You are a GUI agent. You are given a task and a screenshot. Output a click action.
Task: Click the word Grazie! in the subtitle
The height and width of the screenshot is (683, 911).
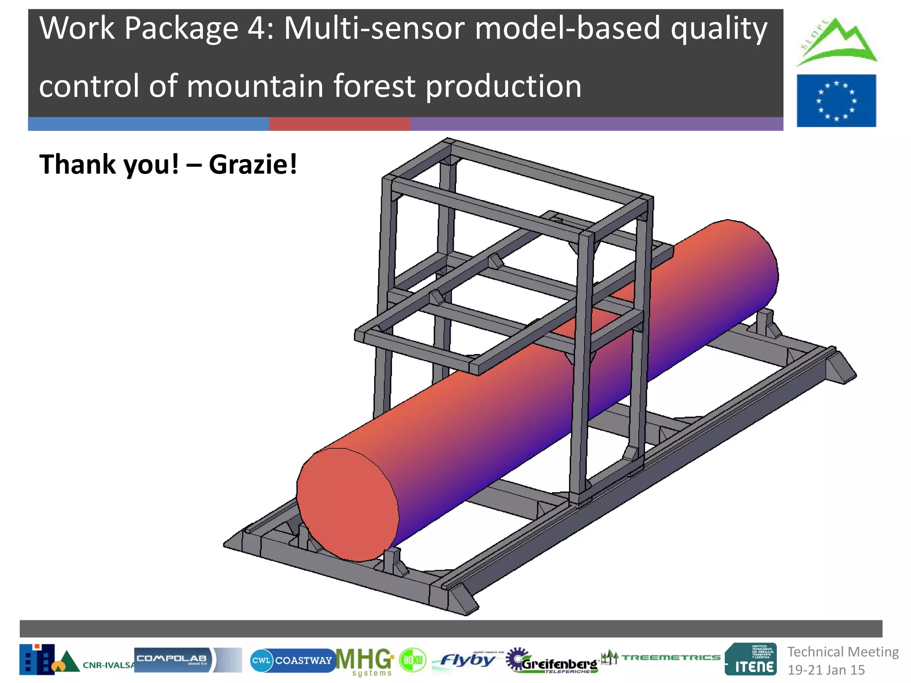(253, 165)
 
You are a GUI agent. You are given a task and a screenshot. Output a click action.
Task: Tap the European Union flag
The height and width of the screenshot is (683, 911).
(836, 100)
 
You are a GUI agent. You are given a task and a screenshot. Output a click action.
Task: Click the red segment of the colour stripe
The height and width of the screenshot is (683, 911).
(339, 124)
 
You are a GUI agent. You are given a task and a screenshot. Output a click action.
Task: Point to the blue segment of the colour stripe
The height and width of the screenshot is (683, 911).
(148, 124)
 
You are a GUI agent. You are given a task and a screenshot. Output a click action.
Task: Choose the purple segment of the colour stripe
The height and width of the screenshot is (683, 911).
(596, 124)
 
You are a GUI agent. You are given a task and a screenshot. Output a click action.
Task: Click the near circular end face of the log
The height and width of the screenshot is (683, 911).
(347, 504)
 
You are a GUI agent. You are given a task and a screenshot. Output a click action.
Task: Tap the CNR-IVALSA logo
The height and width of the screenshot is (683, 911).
(76, 660)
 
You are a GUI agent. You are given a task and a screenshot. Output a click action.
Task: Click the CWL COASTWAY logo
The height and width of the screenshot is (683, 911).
(292, 660)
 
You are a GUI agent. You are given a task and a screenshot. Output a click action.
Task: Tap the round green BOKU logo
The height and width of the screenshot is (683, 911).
(412, 660)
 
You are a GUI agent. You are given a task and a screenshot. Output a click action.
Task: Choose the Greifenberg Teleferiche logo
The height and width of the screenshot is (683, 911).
(552, 661)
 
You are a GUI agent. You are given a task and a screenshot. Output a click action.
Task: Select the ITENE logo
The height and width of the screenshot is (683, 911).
(751, 659)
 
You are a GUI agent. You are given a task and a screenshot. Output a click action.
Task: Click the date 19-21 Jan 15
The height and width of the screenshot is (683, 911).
(826, 670)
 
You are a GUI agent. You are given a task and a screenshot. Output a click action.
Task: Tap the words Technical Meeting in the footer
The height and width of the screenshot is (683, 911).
(843, 652)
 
